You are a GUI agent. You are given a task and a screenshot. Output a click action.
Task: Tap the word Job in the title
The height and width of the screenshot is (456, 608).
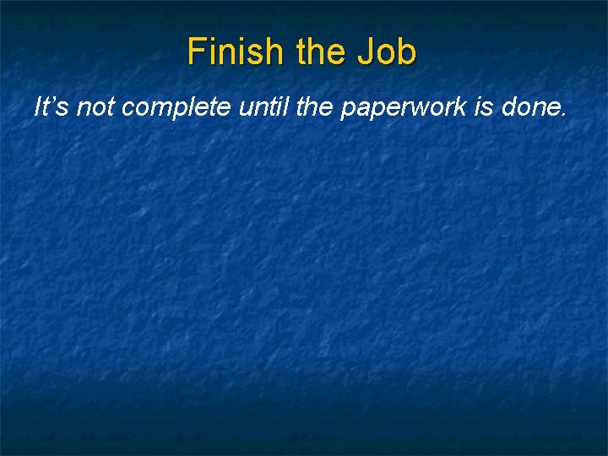[x=387, y=52]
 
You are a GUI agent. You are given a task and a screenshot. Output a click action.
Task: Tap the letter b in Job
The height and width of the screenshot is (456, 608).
[x=407, y=52]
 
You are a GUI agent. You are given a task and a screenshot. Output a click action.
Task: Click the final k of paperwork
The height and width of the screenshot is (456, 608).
[x=469, y=107]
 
